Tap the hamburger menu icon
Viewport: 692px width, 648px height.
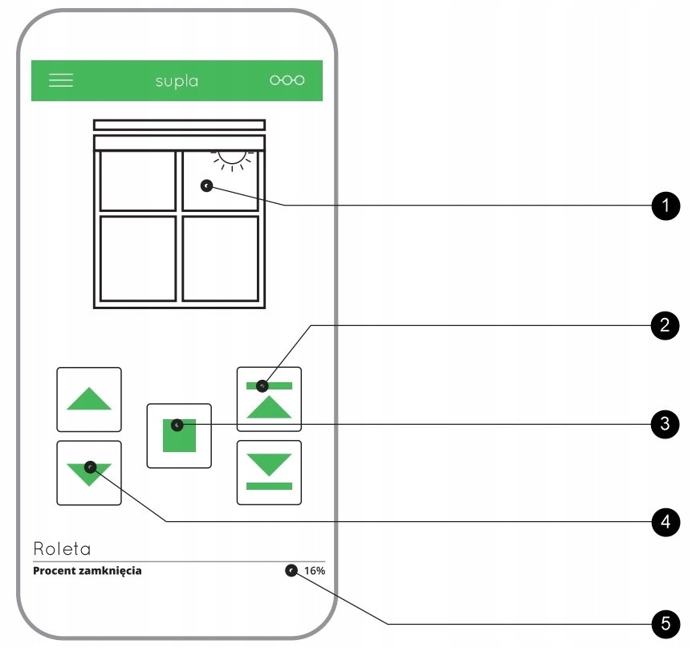(61, 80)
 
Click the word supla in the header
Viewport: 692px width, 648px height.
(177, 81)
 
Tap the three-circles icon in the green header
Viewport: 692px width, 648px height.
(287, 80)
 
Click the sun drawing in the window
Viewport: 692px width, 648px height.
(233, 157)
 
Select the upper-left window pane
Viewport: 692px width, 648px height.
(137, 181)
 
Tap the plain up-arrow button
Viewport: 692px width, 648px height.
(89, 399)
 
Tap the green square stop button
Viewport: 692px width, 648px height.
(179, 436)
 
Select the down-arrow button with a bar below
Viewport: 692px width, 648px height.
(269, 472)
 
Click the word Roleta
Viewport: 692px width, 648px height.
(62, 549)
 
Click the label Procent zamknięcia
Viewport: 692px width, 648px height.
(88, 571)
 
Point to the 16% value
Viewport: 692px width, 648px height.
(315, 571)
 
